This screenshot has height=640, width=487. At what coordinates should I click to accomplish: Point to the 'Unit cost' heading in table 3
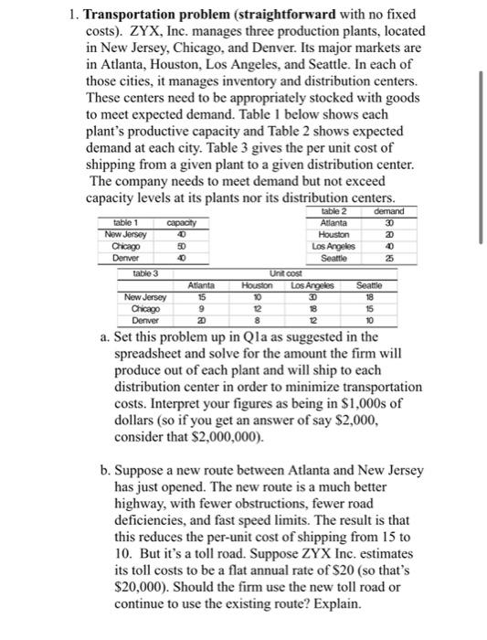click(286, 272)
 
